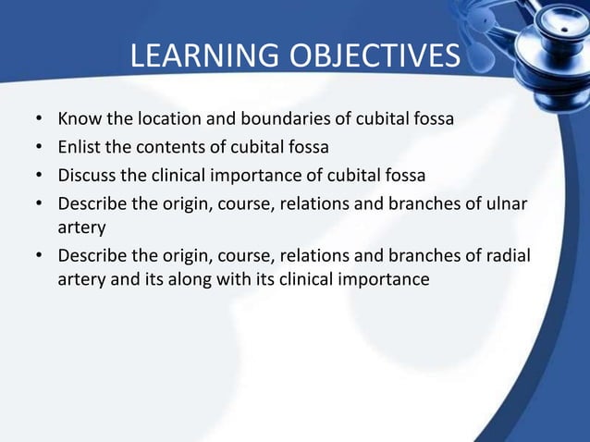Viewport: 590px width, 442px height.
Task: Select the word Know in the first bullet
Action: point(77,120)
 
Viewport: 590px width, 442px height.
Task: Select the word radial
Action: point(508,255)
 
